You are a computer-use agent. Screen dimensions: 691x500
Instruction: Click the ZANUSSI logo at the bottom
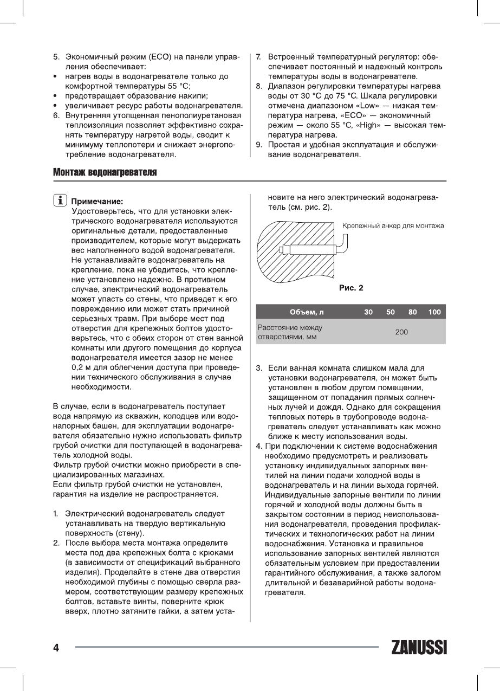pyautogui.click(x=419, y=648)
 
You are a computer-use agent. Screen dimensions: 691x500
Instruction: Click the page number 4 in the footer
pyautogui.click(x=56, y=648)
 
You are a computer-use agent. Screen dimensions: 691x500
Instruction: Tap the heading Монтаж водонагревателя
pyautogui.click(x=105, y=172)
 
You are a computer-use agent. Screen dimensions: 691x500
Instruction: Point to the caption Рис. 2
pyautogui.click(x=351, y=287)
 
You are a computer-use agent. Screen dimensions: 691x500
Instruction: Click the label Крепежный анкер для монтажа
pyautogui.click(x=393, y=225)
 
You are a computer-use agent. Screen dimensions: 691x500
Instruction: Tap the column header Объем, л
pyautogui.click(x=307, y=312)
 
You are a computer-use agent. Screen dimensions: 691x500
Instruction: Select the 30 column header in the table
pyautogui.click(x=368, y=312)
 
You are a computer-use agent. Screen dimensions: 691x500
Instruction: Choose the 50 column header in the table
pyautogui.click(x=391, y=312)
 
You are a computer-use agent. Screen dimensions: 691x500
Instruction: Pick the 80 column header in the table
pyautogui.click(x=413, y=312)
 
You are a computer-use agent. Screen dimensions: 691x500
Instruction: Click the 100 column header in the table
pyautogui.click(x=434, y=312)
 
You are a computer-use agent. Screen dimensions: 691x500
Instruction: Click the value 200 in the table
pyautogui.click(x=401, y=332)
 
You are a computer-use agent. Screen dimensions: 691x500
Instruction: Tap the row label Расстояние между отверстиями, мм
pyautogui.click(x=290, y=332)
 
